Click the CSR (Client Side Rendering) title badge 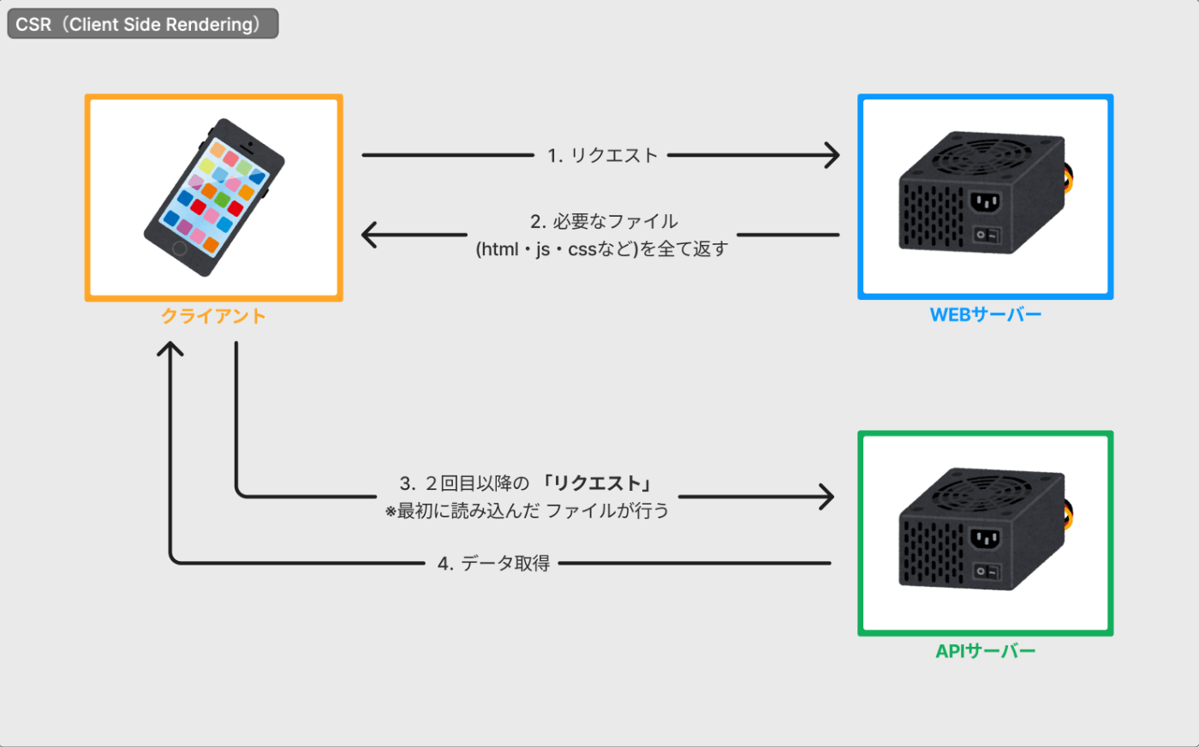pos(143,24)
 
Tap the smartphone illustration pos(214,197)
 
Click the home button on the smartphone pos(180,248)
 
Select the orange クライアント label pos(213,316)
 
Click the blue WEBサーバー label pos(986,314)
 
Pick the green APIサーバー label pos(986,651)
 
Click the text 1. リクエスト pos(601,155)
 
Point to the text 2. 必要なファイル pos(604,221)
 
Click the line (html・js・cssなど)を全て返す pos(602,249)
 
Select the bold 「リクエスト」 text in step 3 pos(597,483)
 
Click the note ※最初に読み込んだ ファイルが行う pos(528,511)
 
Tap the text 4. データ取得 pos(493,564)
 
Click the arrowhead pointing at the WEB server pos(832,155)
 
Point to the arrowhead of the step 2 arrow pos(369,235)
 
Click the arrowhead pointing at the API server pos(826,496)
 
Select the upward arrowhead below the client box pos(170,349)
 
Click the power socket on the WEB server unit pos(986,203)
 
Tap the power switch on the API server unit pos(986,572)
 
